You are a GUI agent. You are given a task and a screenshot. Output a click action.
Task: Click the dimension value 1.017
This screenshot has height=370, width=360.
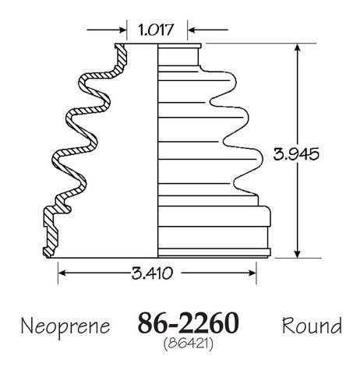156,30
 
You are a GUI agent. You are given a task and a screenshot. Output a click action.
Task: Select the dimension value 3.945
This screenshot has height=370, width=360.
296,154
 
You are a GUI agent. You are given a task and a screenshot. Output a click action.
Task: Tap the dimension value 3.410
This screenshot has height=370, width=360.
152,273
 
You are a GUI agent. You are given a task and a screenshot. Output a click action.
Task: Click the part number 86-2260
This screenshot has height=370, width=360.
188,323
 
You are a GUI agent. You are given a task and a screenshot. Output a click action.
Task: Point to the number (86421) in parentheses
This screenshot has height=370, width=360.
189,344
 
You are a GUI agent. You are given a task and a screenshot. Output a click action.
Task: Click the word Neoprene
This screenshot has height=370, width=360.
65,326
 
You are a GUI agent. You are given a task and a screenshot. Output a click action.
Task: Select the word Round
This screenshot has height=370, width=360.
312,326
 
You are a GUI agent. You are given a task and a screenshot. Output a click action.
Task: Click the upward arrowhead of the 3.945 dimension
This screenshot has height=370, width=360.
298,48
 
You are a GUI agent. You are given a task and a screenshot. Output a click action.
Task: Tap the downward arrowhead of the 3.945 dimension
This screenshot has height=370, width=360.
298,254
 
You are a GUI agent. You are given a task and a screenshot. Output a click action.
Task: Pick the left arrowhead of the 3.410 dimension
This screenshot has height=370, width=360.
62,273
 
